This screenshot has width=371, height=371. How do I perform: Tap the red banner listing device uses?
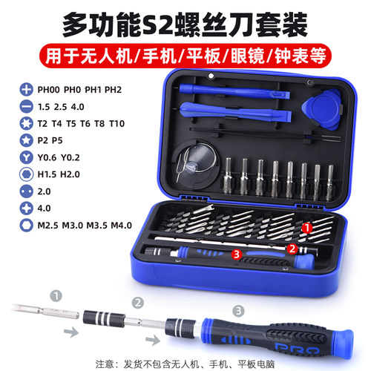click(185, 53)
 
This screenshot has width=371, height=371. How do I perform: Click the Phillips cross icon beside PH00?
click(24, 88)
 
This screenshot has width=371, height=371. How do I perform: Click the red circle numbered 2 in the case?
click(293, 249)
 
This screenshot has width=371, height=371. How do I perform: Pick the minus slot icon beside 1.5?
click(24, 105)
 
